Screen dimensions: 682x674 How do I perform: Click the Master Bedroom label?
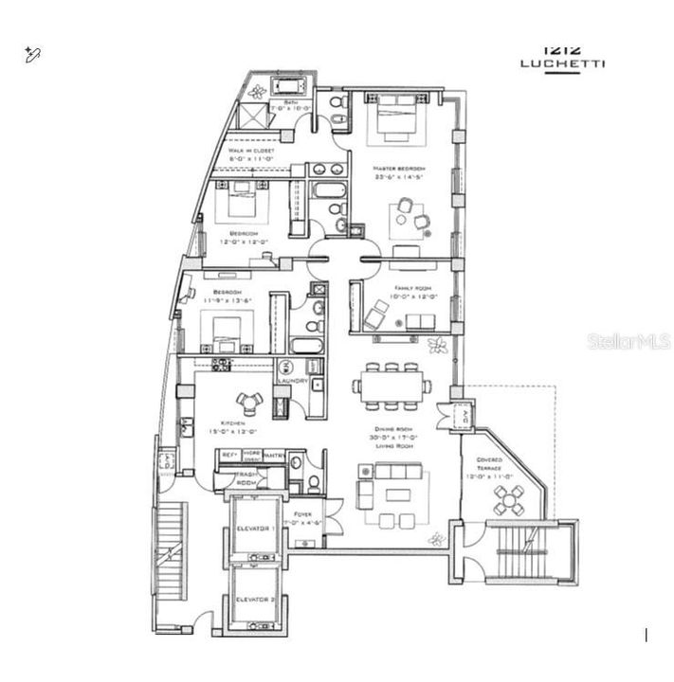pyautogui.click(x=397, y=168)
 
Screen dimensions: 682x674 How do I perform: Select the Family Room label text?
pyautogui.click(x=396, y=288)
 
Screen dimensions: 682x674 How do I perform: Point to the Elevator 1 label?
pyautogui.click(x=252, y=527)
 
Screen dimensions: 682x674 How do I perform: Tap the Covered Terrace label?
pyautogui.click(x=489, y=463)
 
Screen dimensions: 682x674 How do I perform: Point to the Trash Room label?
pyautogui.click(x=246, y=477)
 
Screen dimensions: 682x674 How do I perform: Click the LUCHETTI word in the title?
pyautogui.click(x=562, y=64)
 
